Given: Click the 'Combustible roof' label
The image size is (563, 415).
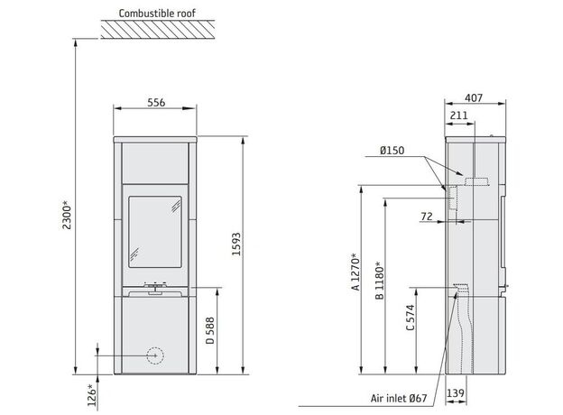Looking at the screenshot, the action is coord(157,14).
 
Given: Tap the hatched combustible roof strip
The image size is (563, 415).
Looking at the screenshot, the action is coord(158,30).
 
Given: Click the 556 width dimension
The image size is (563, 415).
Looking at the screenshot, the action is coord(156,103).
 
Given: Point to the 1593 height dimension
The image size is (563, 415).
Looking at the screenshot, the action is coord(236,244).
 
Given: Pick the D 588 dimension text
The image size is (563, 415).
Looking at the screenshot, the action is coord(210,330).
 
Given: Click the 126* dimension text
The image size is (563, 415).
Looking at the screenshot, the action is coord(92,395).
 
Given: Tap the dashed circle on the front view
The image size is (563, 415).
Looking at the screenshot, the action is coord(155,355).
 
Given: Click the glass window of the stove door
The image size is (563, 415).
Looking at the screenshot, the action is coord(155,232).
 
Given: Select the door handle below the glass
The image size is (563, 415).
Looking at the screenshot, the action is coord(155,289).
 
